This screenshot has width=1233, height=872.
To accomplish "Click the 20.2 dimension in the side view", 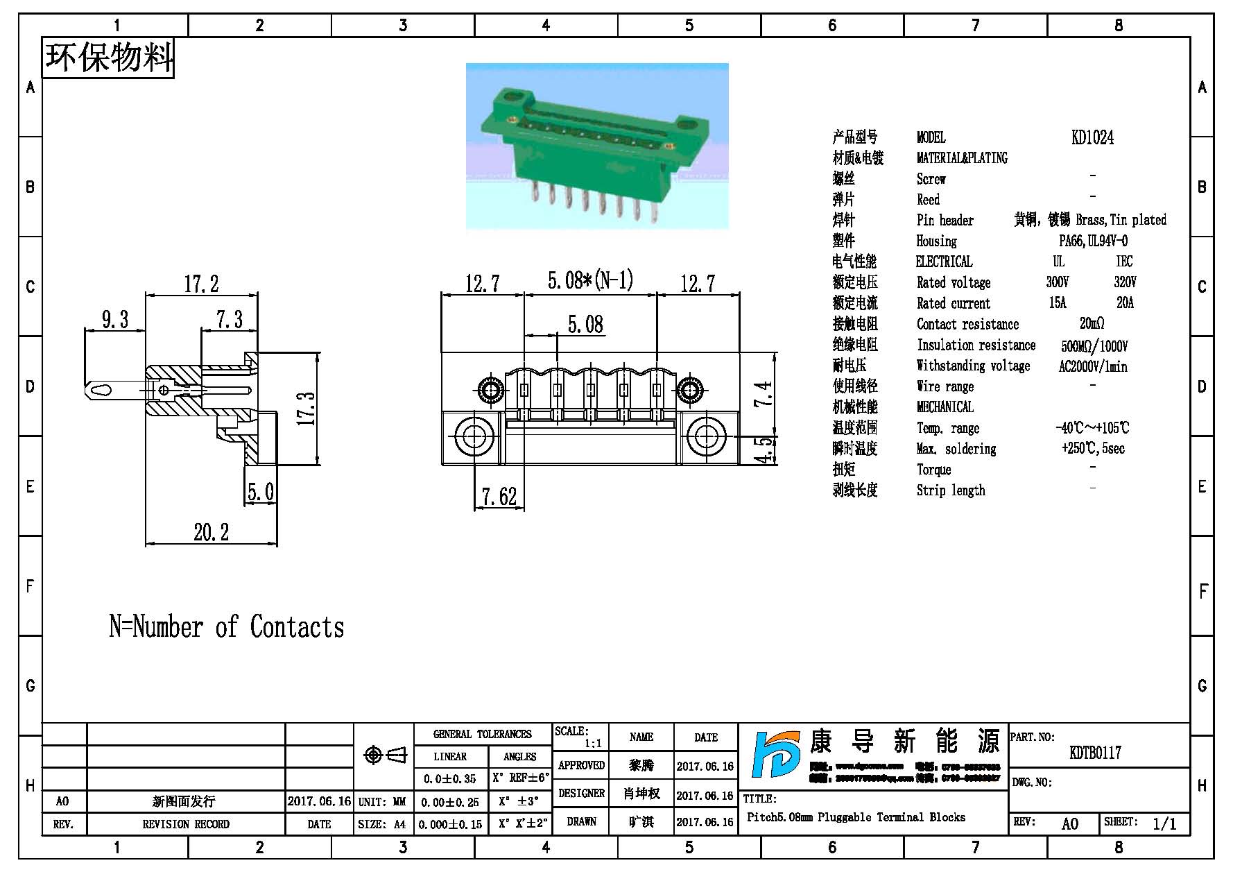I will [211, 532].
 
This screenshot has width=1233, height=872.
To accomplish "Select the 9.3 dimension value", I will [115, 319].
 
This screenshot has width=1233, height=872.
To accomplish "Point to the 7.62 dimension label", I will [499, 497].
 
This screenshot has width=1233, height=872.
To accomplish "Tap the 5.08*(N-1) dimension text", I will [590, 280].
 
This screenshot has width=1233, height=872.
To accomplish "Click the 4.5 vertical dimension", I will [764, 450].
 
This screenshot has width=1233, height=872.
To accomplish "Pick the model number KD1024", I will [1092, 137].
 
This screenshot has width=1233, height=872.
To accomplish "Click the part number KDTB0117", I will [1095, 753].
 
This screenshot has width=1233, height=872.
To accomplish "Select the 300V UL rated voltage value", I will [1058, 282].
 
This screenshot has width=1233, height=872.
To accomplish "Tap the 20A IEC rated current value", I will [1125, 303].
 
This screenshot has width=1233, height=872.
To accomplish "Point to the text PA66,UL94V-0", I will [1093, 241].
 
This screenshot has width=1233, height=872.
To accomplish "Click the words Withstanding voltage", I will [973, 366].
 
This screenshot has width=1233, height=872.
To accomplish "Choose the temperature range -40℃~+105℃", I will [1092, 428].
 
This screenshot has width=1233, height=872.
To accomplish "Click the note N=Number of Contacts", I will [227, 627].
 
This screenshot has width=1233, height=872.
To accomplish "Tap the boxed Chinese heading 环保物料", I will [109, 58].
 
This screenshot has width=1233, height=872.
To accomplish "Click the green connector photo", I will [596, 146].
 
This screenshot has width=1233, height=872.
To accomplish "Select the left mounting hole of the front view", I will [474, 437].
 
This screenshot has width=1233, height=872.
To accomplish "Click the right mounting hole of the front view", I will [706, 437].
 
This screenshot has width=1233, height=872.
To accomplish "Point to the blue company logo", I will [775, 764].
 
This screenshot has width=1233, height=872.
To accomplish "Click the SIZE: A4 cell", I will [382, 824].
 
